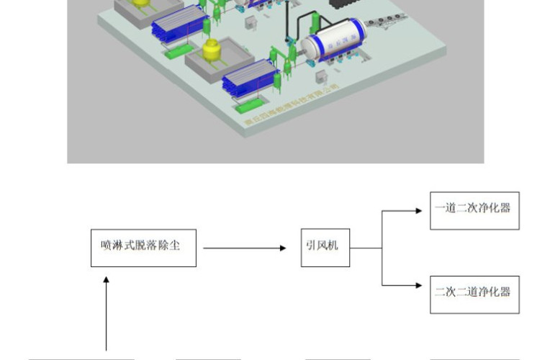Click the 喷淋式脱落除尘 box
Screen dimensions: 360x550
coord(143,248)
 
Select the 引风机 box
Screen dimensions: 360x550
coord(325,248)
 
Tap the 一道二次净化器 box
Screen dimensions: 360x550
coord(474,210)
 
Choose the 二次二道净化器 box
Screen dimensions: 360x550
coord(474,294)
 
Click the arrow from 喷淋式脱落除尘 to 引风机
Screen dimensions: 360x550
coord(245,248)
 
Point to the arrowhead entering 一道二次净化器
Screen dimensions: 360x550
coord(418,211)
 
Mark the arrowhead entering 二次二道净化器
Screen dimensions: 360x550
coord(418,286)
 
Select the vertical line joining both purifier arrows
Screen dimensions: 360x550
coord(382,248)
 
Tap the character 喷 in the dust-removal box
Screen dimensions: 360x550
coord(106,246)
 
